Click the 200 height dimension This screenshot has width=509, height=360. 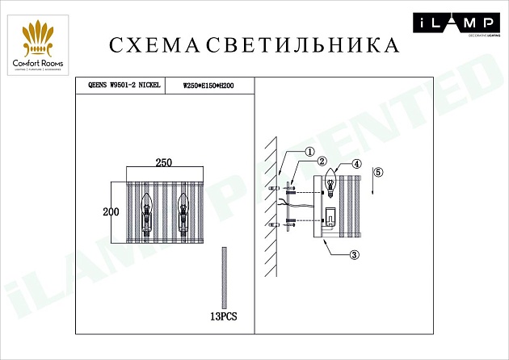[x=111, y=212]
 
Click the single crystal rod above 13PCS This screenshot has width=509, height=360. [x=223, y=275]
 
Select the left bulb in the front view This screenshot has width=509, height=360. [x=147, y=211]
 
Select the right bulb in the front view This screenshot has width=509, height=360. [x=183, y=211]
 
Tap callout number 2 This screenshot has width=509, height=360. [x=321, y=161]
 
